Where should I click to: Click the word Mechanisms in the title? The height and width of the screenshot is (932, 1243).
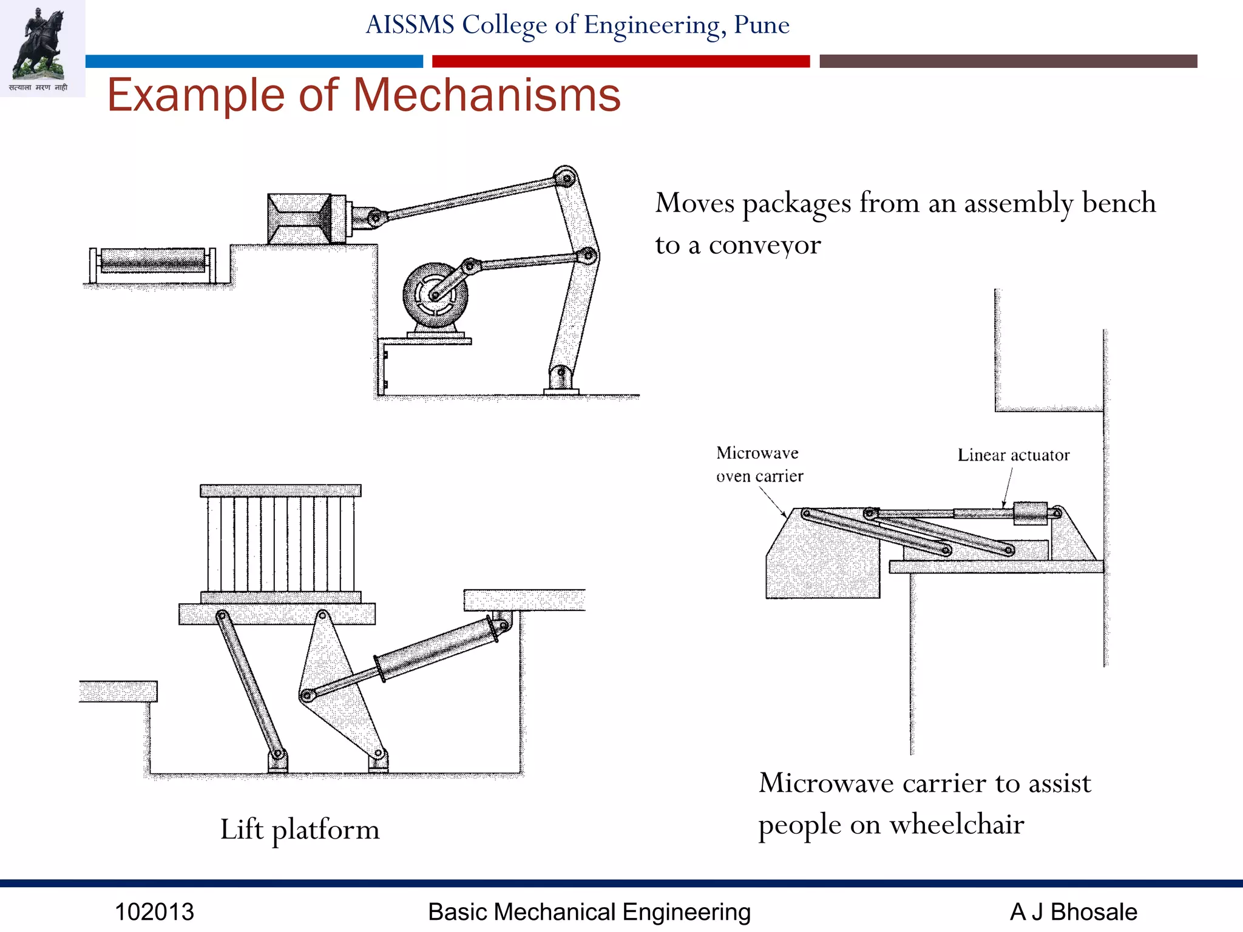[x=486, y=95]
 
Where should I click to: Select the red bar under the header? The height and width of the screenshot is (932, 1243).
[x=620, y=61]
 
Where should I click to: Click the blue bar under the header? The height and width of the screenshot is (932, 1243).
[x=254, y=61]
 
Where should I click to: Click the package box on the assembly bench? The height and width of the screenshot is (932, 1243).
[x=299, y=219]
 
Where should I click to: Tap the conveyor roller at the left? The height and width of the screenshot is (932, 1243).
[x=152, y=261]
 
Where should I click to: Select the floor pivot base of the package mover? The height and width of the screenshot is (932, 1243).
[x=560, y=382]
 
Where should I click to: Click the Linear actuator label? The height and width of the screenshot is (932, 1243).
[x=1013, y=455]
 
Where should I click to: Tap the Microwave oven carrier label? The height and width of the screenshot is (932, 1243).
[x=759, y=464]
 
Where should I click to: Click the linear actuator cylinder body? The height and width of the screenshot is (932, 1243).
[x=1030, y=513]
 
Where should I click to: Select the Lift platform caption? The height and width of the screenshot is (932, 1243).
[x=300, y=829]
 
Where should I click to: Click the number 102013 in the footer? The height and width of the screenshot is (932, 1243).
[x=154, y=912]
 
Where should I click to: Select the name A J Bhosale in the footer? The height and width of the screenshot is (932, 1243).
[x=1073, y=912]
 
